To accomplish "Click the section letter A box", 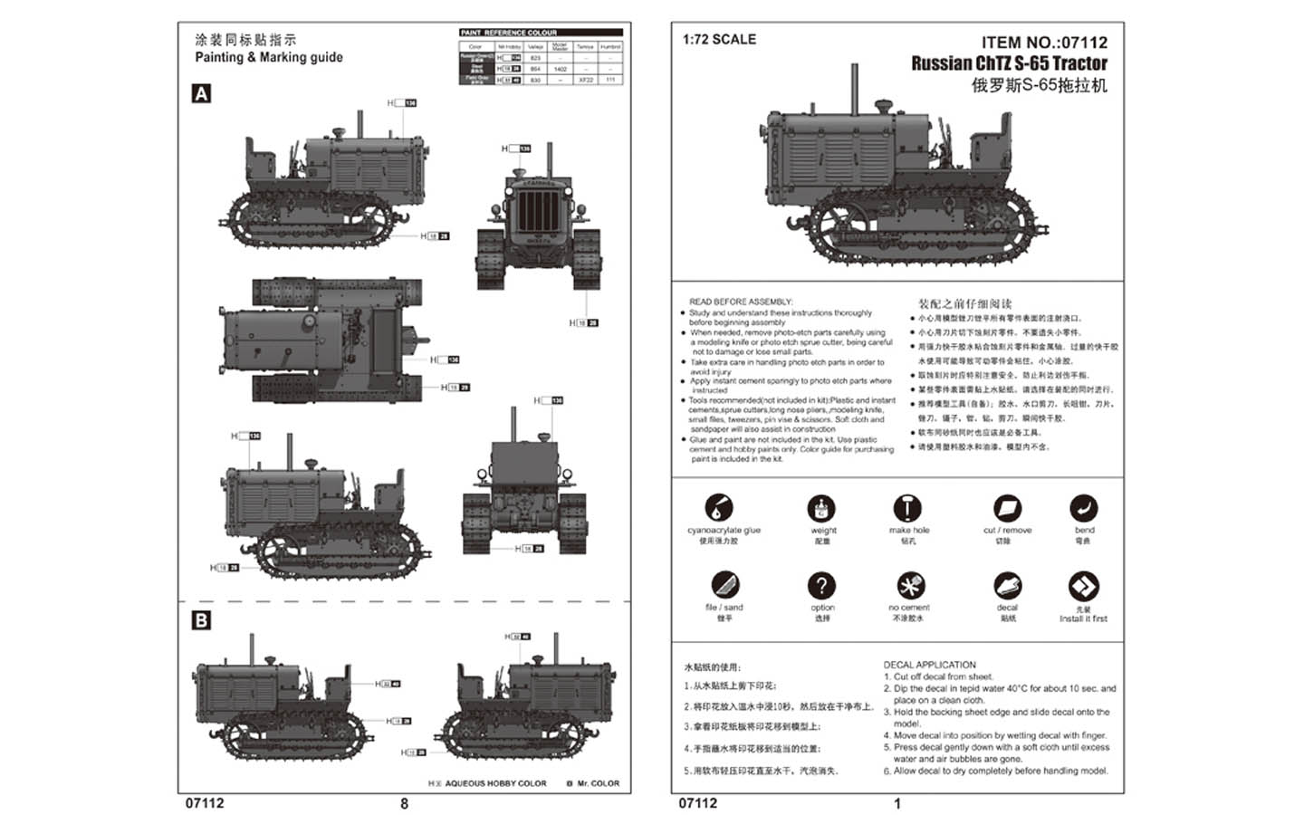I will click(x=201, y=94).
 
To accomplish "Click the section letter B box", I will click(x=201, y=620).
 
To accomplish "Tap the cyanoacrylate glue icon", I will click(x=718, y=508).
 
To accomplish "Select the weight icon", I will click(x=821, y=508).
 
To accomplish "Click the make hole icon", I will click(x=907, y=508).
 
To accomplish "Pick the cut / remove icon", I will click(x=1007, y=508).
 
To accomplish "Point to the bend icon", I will click(x=1083, y=508).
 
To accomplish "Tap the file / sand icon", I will click(x=724, y=585).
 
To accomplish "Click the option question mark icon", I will click(x=821, y=585).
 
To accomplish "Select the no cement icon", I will click(x=910, y=585).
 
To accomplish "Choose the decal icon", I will click(x=1007, y=585).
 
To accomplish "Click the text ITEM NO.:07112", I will click(x=1043, y=43).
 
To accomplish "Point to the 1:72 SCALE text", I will click(x=719, y=40).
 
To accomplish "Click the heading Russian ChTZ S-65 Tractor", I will click(x=1009, y=63).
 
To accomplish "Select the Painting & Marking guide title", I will click(x=269, y=57).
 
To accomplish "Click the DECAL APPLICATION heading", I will click(x=929, y=665).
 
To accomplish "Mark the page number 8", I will click(x=404, y=803).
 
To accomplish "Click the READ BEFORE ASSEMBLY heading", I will click(x=740, y=302).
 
